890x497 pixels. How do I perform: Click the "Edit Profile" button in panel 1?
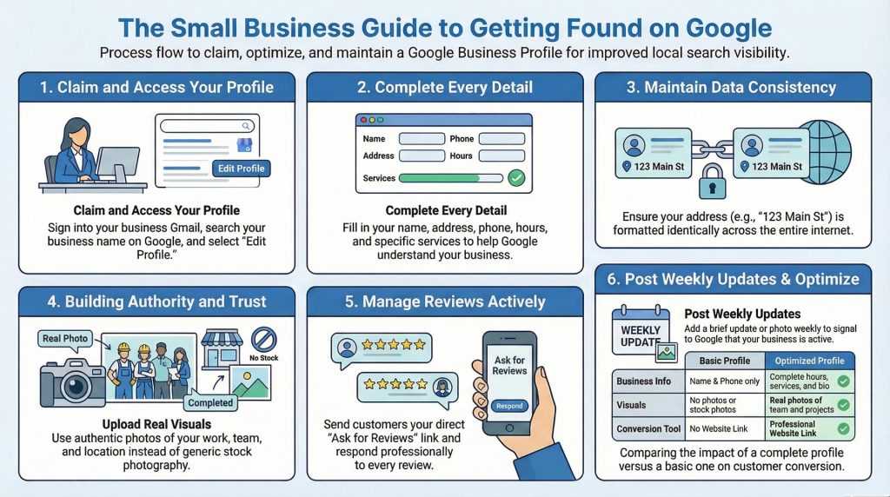[241, 168]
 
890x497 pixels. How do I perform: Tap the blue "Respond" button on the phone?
[509, 406]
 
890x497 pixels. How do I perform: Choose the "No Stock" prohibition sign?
[262, 340]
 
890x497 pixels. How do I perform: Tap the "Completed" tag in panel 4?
[211, 402]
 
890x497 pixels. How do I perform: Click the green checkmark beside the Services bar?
[516, 178]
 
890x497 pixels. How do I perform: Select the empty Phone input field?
[504, 139]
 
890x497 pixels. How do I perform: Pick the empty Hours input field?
[504, 156]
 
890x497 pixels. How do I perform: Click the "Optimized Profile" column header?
[808, 361]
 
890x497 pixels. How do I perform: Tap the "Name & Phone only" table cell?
[723, 381]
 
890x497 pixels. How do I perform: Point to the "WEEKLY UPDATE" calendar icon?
[641, 335]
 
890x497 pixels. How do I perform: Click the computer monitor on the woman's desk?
[116, 163]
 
